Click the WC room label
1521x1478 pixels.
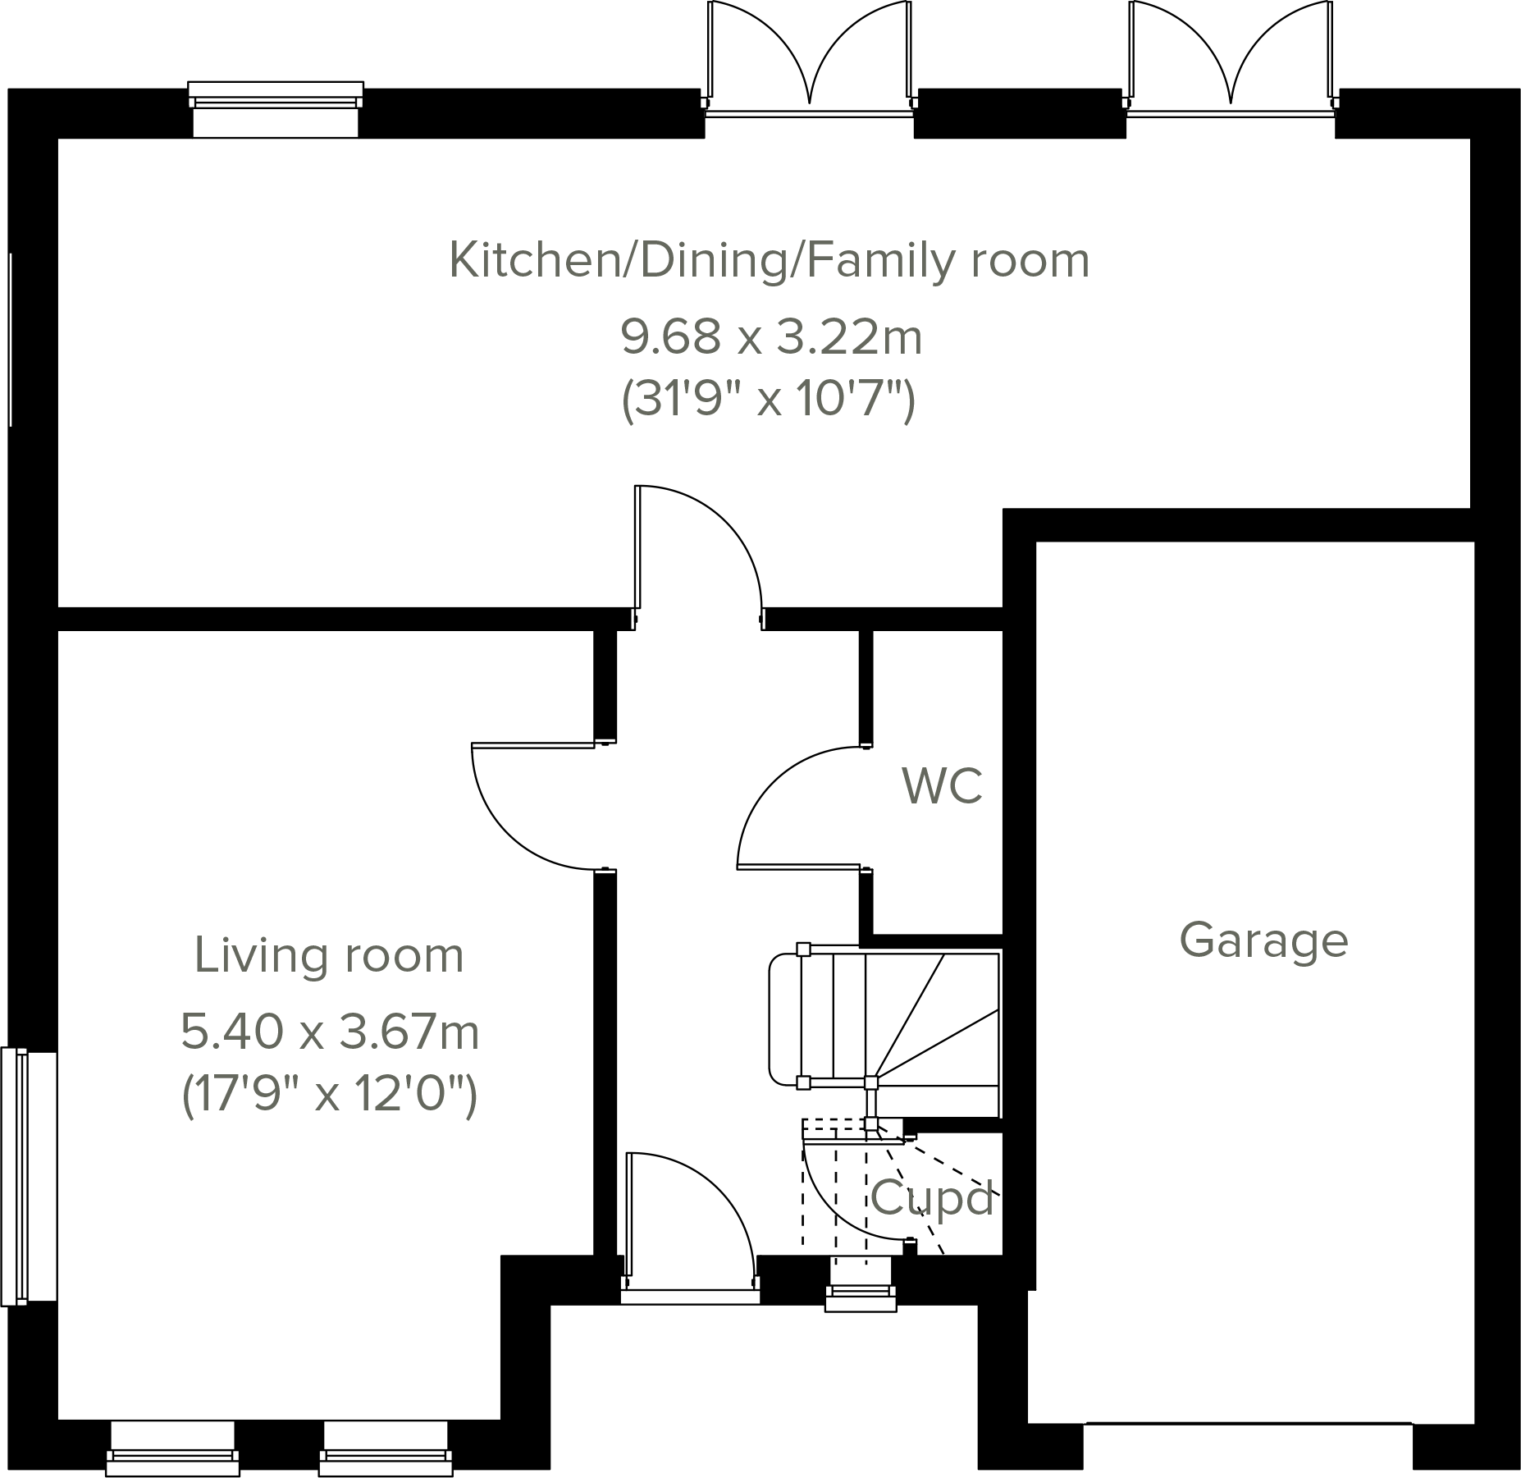(x=942, y=786)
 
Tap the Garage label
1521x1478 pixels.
(x=1263, y=940)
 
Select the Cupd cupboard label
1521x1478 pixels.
(x=933, y=1198)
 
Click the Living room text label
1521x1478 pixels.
(x=329, y=956)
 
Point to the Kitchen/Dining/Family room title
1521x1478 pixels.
(x=769, y=261)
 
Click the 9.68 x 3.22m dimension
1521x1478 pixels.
(x=770, y=336)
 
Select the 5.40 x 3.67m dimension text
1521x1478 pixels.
(x=330, y=1032)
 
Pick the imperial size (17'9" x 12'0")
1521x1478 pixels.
(x=329, y=1094)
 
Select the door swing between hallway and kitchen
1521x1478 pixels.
(x=697, y=550)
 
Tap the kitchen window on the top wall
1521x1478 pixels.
(x=276, y=109)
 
